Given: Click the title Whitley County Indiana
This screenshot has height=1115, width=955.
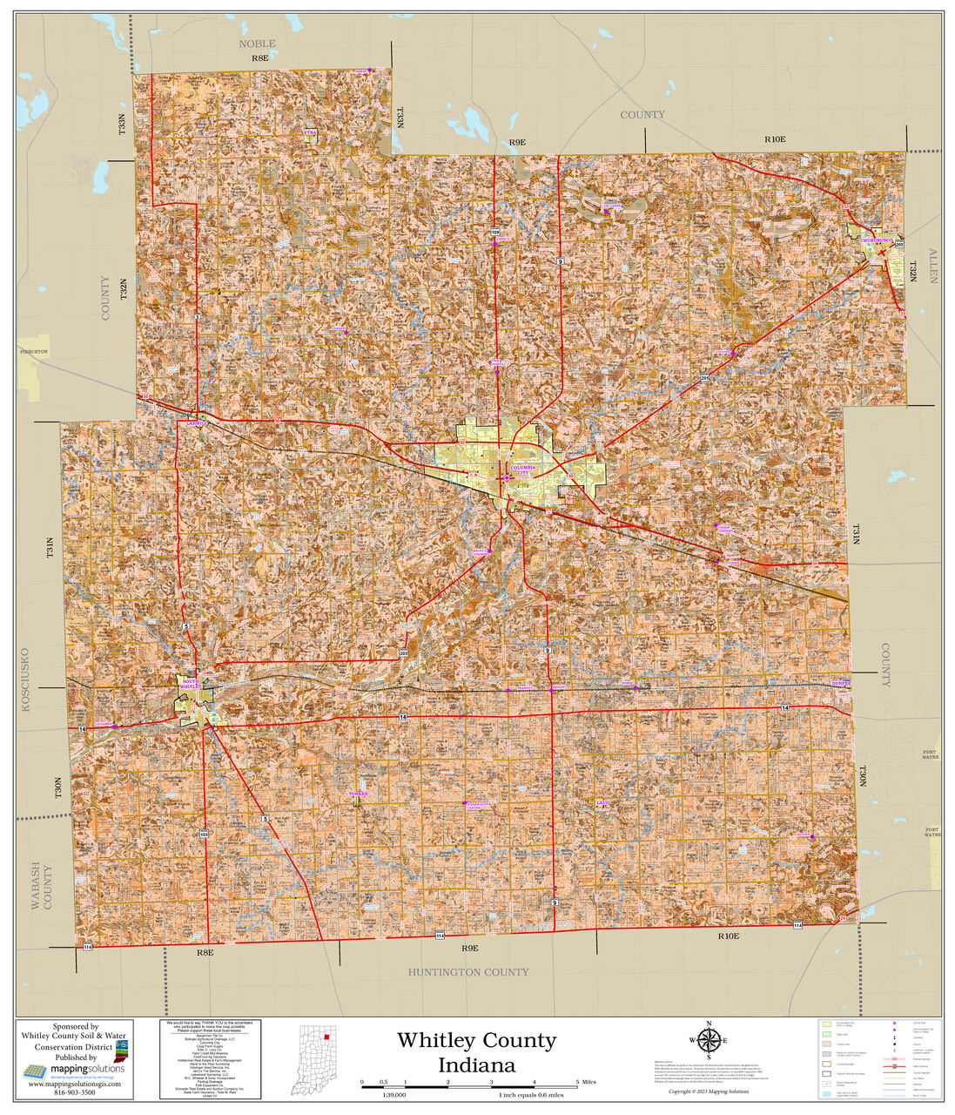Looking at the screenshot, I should (476, 1052).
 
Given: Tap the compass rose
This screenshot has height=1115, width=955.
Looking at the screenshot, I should (710, 1040).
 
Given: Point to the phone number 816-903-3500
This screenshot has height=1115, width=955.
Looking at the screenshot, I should (76, 1092).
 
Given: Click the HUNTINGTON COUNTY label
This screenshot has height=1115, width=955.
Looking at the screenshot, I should (468, 972).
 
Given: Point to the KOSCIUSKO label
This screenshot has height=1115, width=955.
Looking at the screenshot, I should (24, 679).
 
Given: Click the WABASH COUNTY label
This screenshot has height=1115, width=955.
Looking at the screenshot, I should (42, 886).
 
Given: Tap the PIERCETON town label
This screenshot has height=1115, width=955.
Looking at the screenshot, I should (34, 351).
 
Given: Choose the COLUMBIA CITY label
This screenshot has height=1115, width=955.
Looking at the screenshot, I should (525, 470).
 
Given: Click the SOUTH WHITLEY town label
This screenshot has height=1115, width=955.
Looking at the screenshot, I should (190, 685).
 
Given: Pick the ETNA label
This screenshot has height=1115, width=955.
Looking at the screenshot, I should (310, 132).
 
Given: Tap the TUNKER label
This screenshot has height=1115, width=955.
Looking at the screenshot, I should (358, 794).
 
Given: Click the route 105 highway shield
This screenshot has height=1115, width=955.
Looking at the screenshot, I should (204, 835).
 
